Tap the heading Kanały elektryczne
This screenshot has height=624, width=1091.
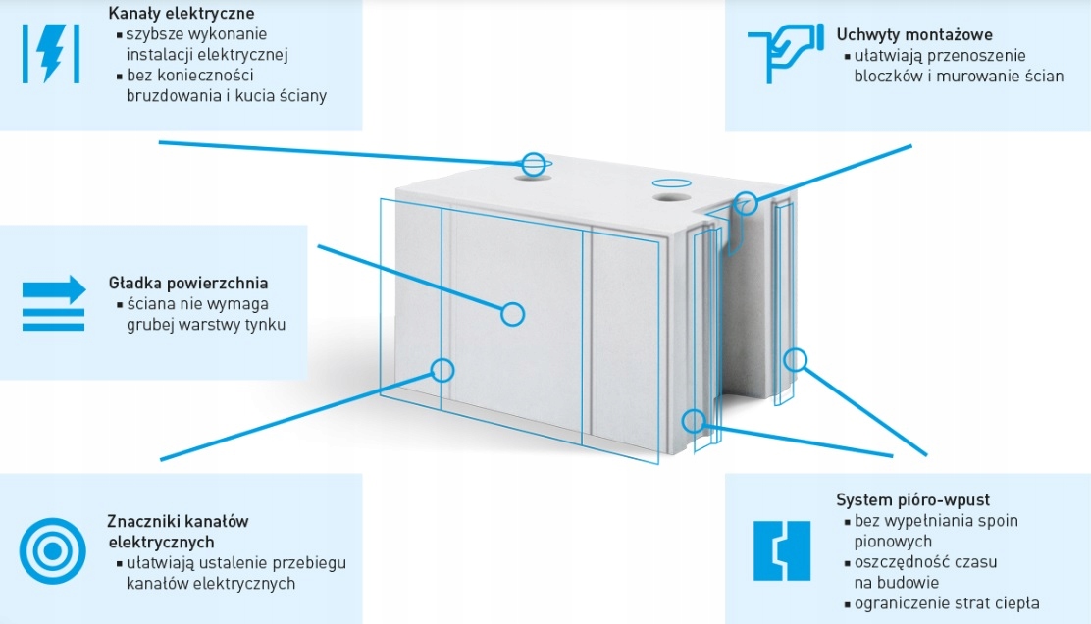tap(182, 14)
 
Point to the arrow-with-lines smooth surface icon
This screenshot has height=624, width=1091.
tap(54, 302)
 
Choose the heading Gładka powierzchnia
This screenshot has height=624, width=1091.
tap(188, 284)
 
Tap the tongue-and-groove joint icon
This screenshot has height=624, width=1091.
tap(782, 550)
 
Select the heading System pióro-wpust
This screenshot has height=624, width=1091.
tap(913, 499)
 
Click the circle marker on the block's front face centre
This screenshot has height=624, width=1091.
tap(512, 314)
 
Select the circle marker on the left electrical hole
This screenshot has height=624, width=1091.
tap(533, 164)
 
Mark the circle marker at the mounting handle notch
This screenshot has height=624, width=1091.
tap(747, 203)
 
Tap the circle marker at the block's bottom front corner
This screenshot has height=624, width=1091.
tap(694, 421)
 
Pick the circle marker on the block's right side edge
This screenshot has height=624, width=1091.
tap(795, 359)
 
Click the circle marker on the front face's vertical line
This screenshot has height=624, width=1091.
tap(442, 370)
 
